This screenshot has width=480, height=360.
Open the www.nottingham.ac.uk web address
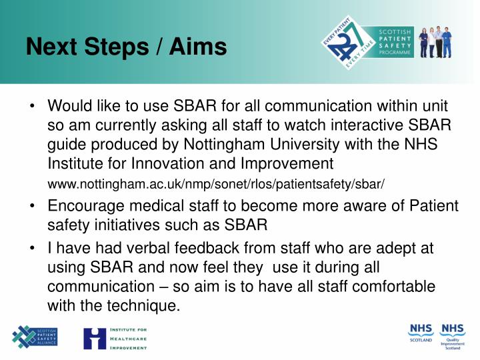coord(217,183)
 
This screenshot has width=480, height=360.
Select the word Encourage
coord(85,207)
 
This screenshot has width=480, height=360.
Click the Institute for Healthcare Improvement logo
coord(115,338)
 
